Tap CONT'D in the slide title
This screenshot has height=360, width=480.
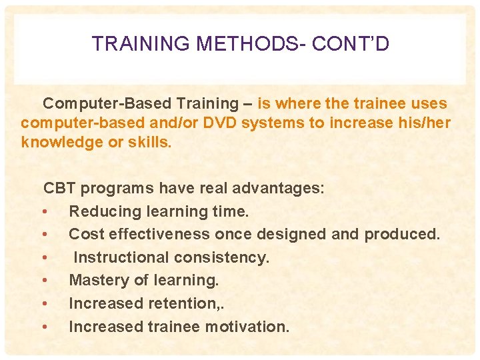(351, 44)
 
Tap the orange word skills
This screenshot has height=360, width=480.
(150, 143)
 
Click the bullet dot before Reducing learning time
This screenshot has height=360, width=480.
(43, 212)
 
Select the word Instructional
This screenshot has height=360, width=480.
(117, 257)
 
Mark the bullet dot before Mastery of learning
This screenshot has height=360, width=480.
(43, 281)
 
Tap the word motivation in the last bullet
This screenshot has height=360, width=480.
(247, 327)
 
